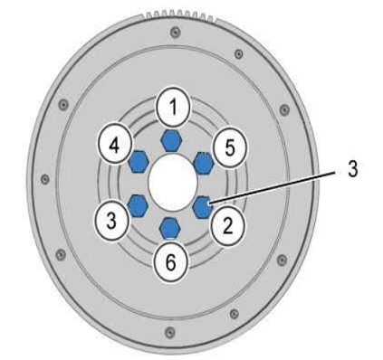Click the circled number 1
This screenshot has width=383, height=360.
tap(173, 107)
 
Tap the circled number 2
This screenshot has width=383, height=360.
tap(227, 225)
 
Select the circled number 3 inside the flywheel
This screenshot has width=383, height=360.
tap(111, 221)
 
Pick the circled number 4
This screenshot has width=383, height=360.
tap(114, 146)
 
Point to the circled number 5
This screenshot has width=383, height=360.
tap(230, 147)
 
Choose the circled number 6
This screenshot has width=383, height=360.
tap(171, 261)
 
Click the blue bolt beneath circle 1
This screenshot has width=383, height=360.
tap(171, 140)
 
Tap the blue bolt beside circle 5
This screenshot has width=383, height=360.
tap(204, 163)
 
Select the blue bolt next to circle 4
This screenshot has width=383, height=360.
tap(139, 161)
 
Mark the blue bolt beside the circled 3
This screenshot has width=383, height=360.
tap(138, 205)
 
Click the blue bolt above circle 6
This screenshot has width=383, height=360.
tap(169, 228)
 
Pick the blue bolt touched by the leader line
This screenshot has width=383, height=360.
tap(203, 207)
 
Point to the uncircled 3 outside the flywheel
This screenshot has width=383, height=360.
tap(352, 169)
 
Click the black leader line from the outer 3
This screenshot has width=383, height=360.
tap(273, 187)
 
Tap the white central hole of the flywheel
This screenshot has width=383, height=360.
tap(173, 184)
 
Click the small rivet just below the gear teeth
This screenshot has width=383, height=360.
tap(175, 32)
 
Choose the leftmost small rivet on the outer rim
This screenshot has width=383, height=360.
tap(45, 179)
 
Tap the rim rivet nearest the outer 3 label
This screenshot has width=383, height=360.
tap(284, 109)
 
